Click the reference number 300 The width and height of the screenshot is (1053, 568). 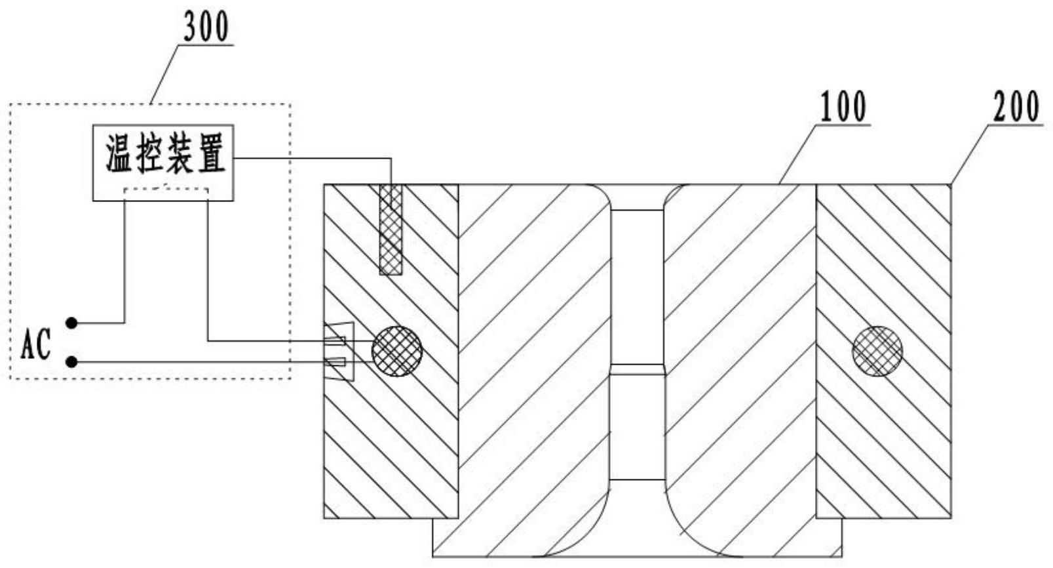point(206,28)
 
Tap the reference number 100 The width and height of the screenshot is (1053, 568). point(843,108)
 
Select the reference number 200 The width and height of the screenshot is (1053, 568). point(1016,108)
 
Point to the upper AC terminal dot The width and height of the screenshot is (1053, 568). point(72,323)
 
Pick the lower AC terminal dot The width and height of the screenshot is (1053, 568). point(72,361)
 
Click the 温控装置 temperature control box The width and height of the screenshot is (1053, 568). point(163,162)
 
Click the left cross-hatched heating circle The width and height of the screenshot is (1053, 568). point(396,352)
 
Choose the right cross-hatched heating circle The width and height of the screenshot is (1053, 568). point(877,352)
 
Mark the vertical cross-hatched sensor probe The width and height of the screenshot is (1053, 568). point(391,230)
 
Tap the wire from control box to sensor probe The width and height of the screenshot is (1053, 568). point(315,158)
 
